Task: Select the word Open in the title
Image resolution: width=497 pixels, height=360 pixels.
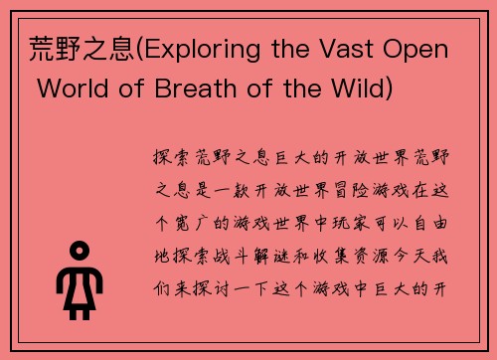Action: pyautogui.click(x=423, y=51)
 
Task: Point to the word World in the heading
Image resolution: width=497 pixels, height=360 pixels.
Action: pyautogui.click(x=67, y=90)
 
